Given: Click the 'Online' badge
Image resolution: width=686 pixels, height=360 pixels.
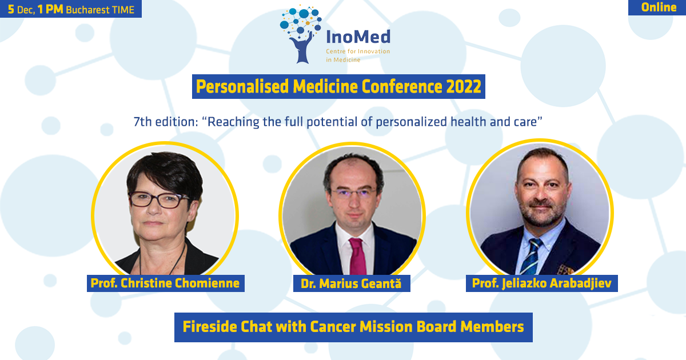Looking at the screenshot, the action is pos(657,7).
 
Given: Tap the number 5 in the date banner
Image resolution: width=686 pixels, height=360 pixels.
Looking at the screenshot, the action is pos(11,10).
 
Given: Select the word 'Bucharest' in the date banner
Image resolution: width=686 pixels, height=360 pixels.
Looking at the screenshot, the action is pos(87,10).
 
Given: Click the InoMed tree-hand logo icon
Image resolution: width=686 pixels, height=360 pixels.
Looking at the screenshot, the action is pos(301,34).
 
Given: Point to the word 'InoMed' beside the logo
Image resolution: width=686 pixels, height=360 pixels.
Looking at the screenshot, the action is pos(358,37).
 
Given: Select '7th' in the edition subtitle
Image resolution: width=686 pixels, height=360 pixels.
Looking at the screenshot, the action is pos(143,122).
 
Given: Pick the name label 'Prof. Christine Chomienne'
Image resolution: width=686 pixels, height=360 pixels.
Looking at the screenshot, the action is pos(165,283).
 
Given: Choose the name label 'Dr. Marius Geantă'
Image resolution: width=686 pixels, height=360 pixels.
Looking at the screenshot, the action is pos(351,283).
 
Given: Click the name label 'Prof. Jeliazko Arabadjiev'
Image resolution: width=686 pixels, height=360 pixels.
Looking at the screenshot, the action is pos(541,283).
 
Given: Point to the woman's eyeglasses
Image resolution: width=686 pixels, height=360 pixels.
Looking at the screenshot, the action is pos(159,200).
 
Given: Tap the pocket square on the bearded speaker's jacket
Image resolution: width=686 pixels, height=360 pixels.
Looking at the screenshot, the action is pos(565,270).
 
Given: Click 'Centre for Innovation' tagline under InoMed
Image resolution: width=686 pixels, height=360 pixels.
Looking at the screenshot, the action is pos(358,51).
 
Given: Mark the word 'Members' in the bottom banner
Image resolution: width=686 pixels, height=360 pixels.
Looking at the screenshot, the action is pos(492,327).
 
